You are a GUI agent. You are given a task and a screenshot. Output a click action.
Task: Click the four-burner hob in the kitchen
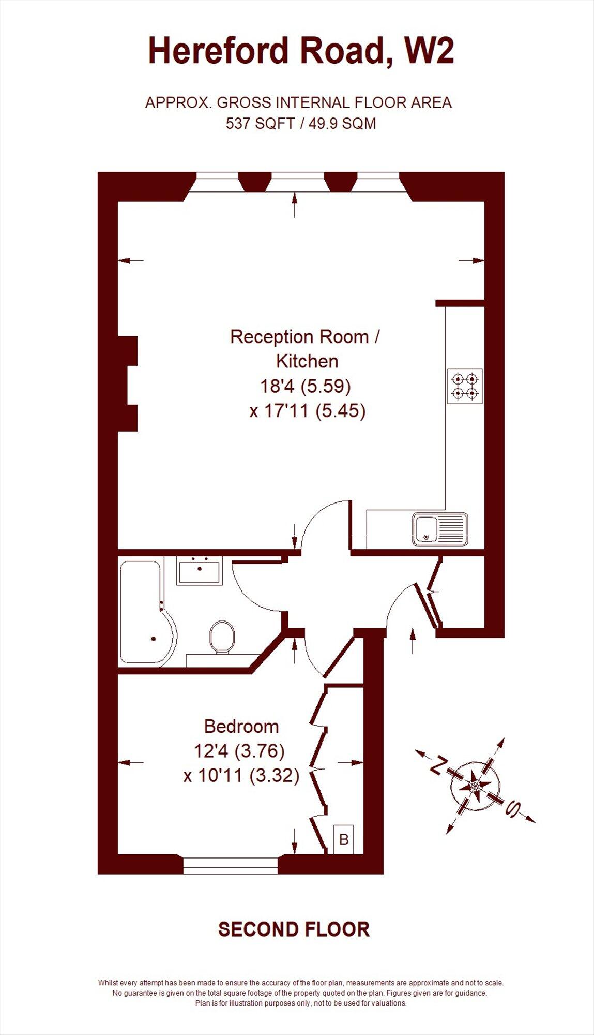(x=465, y=386)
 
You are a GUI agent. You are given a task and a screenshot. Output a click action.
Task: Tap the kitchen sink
(x=440, y=529)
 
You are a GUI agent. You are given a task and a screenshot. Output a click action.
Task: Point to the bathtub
(x=145, y=613)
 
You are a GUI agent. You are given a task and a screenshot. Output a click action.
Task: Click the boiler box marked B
(x=344, y=839)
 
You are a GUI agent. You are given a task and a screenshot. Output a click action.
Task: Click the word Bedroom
(x=241, y=727)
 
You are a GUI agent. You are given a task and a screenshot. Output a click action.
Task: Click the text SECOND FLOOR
(x=294, y=929)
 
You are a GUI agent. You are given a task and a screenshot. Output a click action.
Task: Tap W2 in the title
(x=429, y=52)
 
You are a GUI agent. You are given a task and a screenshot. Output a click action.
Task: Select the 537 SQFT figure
(x=260, y=124)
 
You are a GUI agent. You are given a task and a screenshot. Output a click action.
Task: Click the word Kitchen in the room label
(x=307, y=361)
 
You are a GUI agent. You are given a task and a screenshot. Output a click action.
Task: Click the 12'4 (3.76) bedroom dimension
(x=239, y=750)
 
